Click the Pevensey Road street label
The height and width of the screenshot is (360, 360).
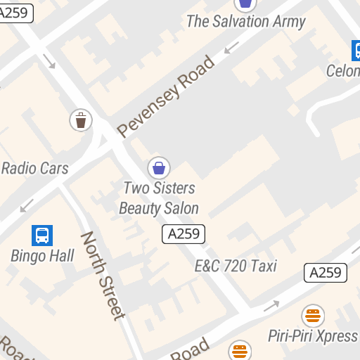pyautogui.click(x=166, y=96)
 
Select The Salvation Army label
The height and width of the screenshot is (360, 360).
pyautogui.click(x=245, y=21)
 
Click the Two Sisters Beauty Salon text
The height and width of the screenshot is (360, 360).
pyautogui.click(x=159, y=198)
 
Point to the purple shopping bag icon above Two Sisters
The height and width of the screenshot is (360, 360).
pyautogui.click(x=160, y=167)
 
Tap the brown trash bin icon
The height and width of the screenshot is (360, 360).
pyautogui.click(x=81, y=120)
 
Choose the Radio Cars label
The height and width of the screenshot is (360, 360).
pyautogui.click(x=34, y=168)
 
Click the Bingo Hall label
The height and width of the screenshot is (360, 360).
pyautogui.click(x=42, y=255)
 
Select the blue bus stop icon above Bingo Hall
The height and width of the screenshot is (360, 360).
pyautogui.click(x=42, y=235)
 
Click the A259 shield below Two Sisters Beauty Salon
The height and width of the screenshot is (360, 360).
pyautogui.click(x=184, y=234)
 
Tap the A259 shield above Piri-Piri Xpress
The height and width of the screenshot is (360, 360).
pyautogui.click(x=326, y=273)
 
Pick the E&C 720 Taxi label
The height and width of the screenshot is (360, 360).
pyautogui.click(x=236, y=266)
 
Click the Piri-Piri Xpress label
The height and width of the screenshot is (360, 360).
pyautogui.click(x=313, y=335)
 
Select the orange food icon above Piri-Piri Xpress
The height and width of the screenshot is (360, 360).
pyautogui.click(x=313, y=316)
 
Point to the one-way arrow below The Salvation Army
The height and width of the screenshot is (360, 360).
pyautogui.click(x=231, y=47)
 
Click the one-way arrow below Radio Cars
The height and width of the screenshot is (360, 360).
pyautogui.click(x=27, y=205)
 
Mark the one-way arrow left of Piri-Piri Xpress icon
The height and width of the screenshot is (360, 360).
pyautogui.click(x=271, y=306)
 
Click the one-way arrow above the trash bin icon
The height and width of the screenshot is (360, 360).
pyautogui.click(x=50, y=61)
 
